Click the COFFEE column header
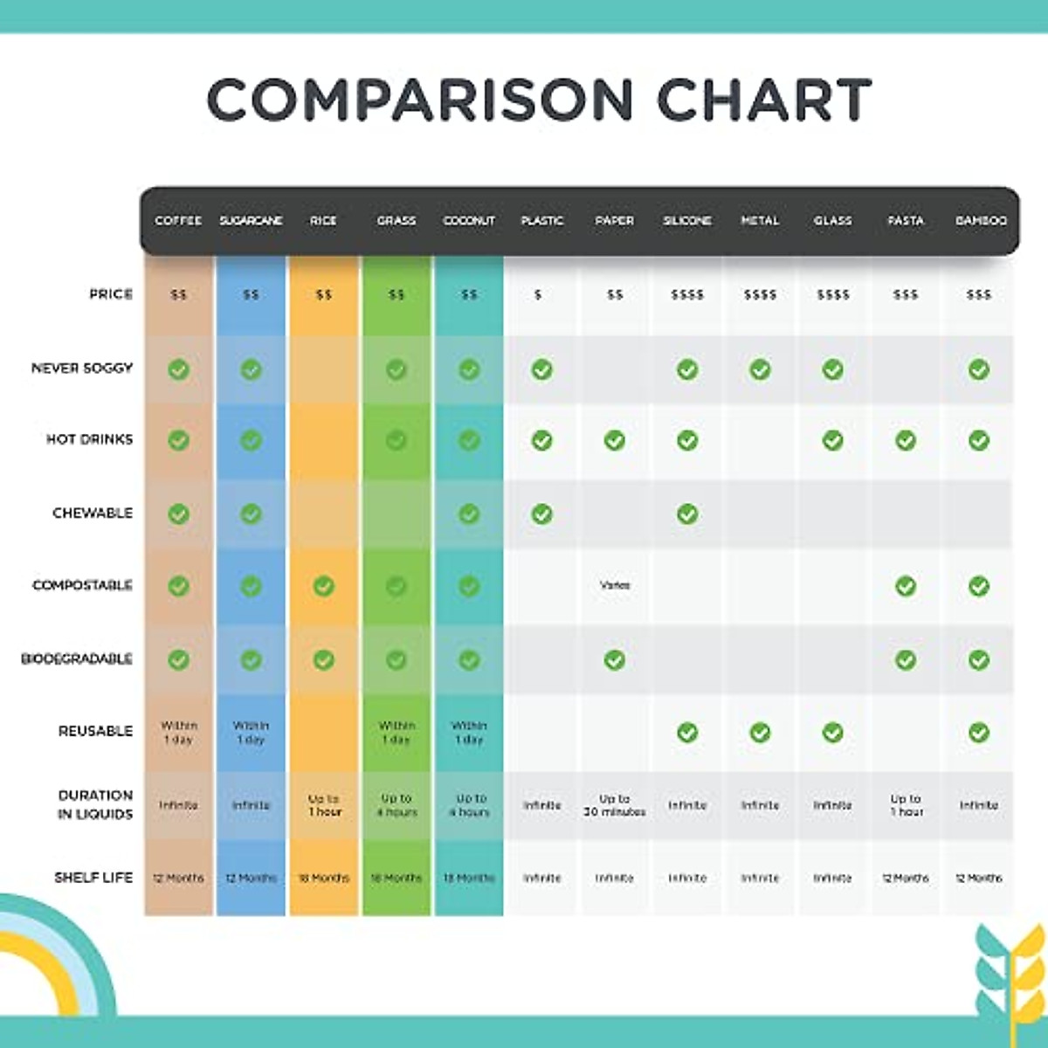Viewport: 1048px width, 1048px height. coord(178,221)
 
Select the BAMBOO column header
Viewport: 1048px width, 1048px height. coord(981,221)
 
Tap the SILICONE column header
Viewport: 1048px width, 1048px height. coord(687,221)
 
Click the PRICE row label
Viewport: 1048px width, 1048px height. coord(111,294)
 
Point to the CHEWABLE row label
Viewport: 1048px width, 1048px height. coord(93,513)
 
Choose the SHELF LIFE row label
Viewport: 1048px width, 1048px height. coord(93,877)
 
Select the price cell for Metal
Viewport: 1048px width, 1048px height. coord(760,295)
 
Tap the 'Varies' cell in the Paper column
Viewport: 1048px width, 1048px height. coord(615,585)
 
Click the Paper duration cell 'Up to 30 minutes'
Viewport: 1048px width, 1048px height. coord(615,805)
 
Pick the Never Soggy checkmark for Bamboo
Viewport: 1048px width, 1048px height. coord(979,369)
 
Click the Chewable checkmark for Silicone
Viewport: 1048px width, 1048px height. coord(687,514)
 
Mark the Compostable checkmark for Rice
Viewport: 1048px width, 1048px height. coord(324,585)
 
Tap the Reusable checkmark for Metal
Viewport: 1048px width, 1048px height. coord(760,732)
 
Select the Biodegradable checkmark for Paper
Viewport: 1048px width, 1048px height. coord(615,660)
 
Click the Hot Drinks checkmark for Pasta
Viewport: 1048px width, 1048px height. coord(906,441)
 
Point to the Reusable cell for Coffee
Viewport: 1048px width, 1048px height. coord(178,732)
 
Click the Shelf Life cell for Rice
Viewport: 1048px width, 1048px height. coord(324,878)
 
